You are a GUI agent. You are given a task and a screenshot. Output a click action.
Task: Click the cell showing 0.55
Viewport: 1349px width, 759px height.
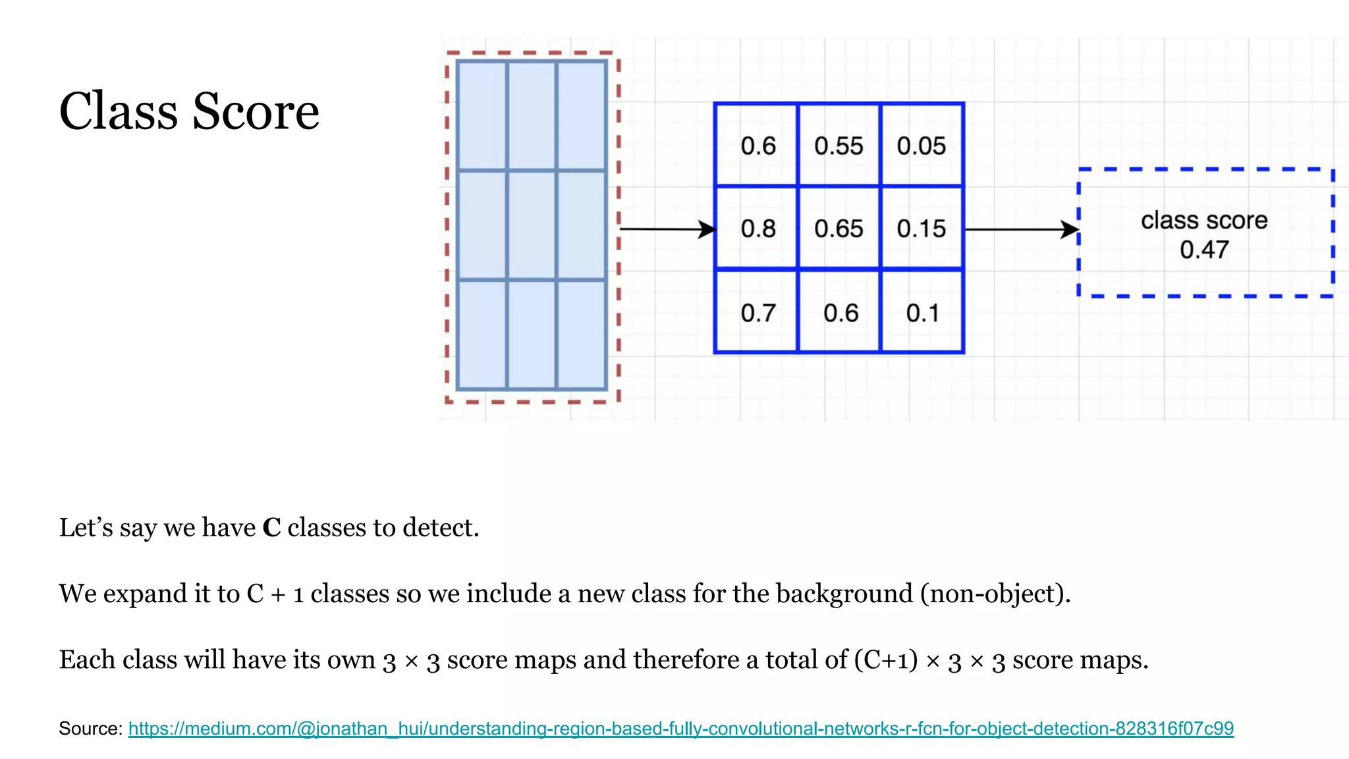click(838, 146)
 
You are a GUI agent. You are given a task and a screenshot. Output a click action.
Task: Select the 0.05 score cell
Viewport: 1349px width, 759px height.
click(921, 146)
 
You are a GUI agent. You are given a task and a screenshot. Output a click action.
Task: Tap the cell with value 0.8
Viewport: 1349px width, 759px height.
click(757, 229)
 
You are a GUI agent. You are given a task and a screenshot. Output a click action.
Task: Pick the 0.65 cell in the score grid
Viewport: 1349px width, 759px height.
click(838, 229)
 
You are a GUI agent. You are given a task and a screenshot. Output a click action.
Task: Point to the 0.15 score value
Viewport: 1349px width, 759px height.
click(921, 229)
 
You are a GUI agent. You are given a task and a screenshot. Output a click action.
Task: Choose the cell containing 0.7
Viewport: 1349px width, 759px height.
click(757, 312)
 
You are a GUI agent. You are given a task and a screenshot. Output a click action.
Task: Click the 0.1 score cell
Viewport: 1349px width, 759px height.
click(922, 312)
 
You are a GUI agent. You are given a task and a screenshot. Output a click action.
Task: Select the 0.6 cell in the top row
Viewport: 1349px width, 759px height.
click(757, 146)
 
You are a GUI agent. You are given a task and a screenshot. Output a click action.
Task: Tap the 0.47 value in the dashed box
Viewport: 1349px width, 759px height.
click(1204, 250)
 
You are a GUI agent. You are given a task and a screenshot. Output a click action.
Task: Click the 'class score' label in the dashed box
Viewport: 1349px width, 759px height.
click(1204, 220)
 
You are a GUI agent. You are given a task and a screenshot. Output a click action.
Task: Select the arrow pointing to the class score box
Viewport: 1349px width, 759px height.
click(1021, 229)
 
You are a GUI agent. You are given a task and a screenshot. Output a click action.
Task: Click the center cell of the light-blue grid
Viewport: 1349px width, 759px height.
click(532, 225)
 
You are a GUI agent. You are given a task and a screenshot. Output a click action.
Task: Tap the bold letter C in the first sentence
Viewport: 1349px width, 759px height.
click(271, 528)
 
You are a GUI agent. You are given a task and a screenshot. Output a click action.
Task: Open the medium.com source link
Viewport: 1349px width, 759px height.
click(680, 728)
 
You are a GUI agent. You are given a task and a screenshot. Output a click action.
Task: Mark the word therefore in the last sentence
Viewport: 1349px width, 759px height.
click(686, 660)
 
